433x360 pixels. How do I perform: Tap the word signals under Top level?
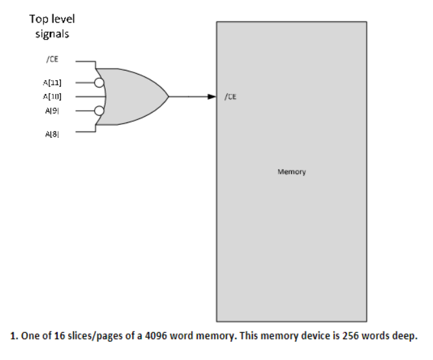click(x=53, y=33)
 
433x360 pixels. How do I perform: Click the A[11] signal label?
click(x=53, y=83)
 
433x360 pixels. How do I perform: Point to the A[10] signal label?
click(x=53, y=96)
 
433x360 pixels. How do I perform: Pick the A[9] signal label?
click(x=53, y=110)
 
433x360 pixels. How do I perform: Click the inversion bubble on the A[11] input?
click(x=99, y=83)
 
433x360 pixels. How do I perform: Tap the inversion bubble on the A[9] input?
click(x=99, y=110)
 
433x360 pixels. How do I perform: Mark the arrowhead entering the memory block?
click(x=211, y=96)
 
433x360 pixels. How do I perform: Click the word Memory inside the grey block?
click(x=291, y=172)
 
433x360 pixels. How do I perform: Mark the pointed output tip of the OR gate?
click(x=169, y=96)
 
